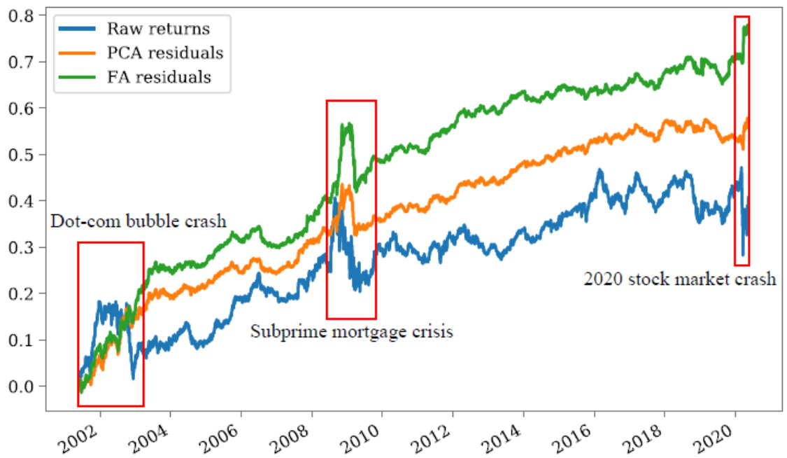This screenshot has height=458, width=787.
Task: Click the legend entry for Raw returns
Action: (x=158, y=29)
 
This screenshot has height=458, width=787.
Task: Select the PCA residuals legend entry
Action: (x=164, y=53)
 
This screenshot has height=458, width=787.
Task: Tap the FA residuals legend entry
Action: (x=159, y=76)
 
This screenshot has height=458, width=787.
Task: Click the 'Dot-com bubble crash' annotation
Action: (x=139, y=222)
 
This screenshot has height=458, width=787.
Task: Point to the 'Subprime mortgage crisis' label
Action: (x=351, y=331)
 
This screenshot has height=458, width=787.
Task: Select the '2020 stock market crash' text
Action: (x=679, y=279)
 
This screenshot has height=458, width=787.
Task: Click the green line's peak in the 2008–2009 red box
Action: (x=343, y=124)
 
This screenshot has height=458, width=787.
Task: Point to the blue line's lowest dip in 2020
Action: (x=743, y=256)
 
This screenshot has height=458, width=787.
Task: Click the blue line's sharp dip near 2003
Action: (x=133, y=379)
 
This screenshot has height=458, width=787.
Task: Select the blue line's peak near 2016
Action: (x=599, y=169)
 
